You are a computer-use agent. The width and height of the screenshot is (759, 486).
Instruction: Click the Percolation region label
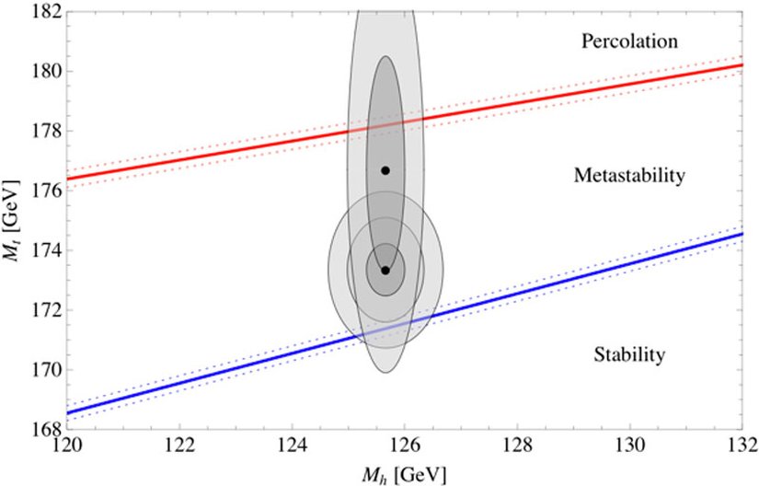click(x=630, y=41)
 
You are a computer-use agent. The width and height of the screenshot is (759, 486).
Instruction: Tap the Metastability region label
click(x=629, y=175)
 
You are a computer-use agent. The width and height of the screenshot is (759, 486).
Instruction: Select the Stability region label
click(x=629, y=353)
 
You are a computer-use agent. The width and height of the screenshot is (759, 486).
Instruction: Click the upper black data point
click(x=385, y=170)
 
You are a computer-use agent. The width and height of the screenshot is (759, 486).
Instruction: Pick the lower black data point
click(x=385, y=270)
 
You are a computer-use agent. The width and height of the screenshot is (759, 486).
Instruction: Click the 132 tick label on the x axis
click(x=742, y=447)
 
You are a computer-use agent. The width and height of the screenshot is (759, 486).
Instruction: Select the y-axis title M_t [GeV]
click(x=13, y=221)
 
